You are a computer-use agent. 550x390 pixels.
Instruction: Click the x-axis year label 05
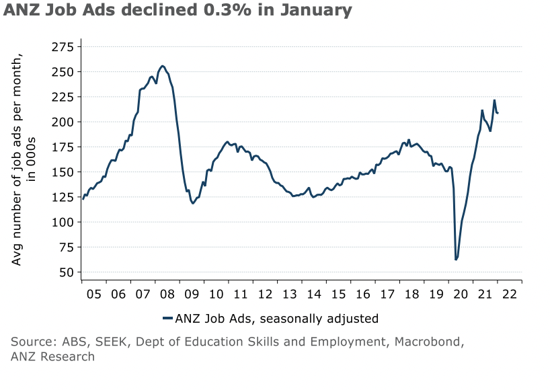[x=94, y=295]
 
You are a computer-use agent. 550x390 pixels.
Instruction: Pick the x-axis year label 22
[x=508, y=295]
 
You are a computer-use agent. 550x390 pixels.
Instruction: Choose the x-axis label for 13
[x=289, y=295]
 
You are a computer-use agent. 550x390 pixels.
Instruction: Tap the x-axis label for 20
[x=460, y=295]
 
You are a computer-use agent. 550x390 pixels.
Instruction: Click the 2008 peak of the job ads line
[x=163, y=66]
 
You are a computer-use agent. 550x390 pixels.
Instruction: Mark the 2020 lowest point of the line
[x=456, y=260]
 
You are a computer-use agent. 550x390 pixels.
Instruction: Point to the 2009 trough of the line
[x=193, y=203]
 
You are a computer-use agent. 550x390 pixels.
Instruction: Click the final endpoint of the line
[x=498, y=113]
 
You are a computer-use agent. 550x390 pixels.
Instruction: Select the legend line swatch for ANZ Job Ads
[x=167, y=318]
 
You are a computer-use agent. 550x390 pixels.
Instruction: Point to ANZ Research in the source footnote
[x=52, y=356]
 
